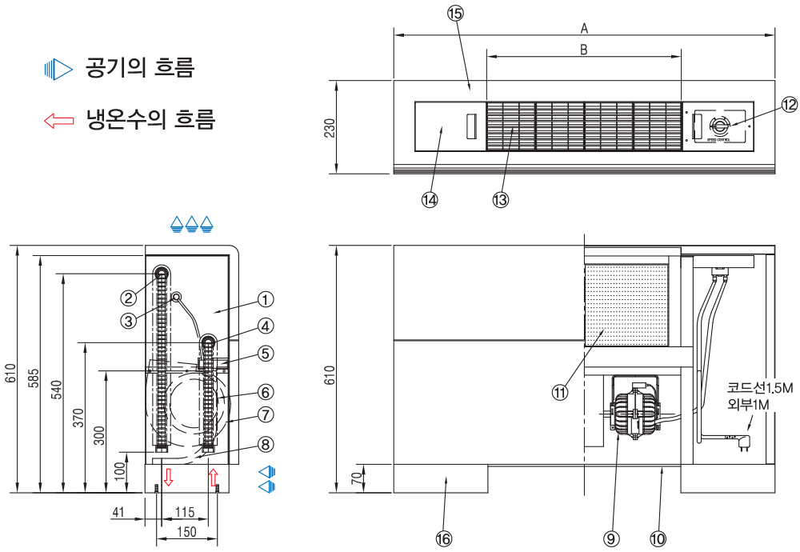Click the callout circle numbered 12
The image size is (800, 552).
pyautogui.click(x=790, y=105)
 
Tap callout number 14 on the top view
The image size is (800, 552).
pyautogui.click(x=430, y=200)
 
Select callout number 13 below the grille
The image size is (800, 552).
pyautogui.click(x=501, y=200)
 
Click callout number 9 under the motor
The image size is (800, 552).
pyautogui.click(x=612, y=538)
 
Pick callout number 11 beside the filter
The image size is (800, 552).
pyautogui.click(x=559, y=391)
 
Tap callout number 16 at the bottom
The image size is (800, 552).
pyautogui.click(x=443, y=538)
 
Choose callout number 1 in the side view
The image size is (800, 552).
pyautogui.click(x=266, y=299)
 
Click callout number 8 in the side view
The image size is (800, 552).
pyautogui.click(x=266, y=443)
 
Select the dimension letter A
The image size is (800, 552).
pyautogui.click(x=585, y=28)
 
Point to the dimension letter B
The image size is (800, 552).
pyautogui.click(x=584, y=50)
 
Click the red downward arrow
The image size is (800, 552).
pyautogui.click(x=168, y=478)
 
